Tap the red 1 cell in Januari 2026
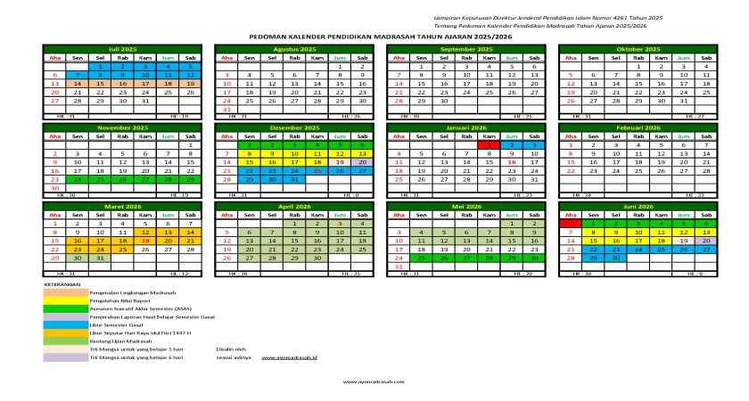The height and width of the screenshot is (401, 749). tap(487, 143)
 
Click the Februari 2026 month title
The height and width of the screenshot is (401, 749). tap(636, 127)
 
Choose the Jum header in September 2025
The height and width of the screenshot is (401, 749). tap(511, 58)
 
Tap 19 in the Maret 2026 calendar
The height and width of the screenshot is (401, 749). tap(145, 241)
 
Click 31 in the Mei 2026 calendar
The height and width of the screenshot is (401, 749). tap(399, 266)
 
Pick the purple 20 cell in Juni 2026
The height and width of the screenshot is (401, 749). tap(705, 241)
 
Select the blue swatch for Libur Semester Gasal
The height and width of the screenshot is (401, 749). tap(65, 323)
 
